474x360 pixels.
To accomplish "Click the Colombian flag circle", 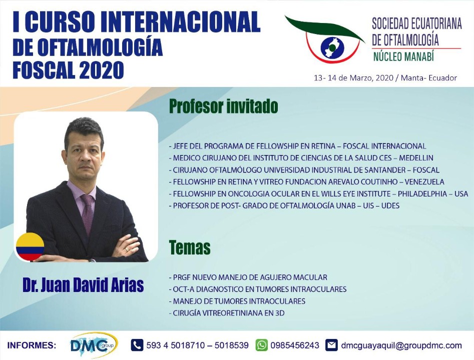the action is [x=30, y=246].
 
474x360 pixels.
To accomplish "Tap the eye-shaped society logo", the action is [x=325, y=40].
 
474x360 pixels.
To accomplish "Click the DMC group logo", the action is [x=94, y=345].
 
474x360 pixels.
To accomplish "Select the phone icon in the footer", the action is [x=137, y=345].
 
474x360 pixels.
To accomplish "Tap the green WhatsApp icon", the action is [x=261, y=345].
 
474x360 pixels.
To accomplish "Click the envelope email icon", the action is [x=332, y=345].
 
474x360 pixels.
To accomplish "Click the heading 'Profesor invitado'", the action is [x=223, y=106].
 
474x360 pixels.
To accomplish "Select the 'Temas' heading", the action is [x=190, y=247].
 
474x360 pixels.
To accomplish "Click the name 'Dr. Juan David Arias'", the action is [x=83, y=285].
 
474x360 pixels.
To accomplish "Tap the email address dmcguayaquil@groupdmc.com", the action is [x=401, y=345].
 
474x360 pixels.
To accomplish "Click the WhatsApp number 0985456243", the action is [x=295, y=345].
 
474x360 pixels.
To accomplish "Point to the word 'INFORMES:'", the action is [x=32, y=345].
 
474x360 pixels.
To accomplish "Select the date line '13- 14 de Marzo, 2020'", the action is [x=354, y=78].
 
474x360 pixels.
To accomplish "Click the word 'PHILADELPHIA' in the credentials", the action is [x=422, y=193].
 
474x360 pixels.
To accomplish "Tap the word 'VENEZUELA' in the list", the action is [x=424, y=182].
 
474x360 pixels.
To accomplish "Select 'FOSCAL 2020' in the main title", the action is [x=68, y=70].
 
